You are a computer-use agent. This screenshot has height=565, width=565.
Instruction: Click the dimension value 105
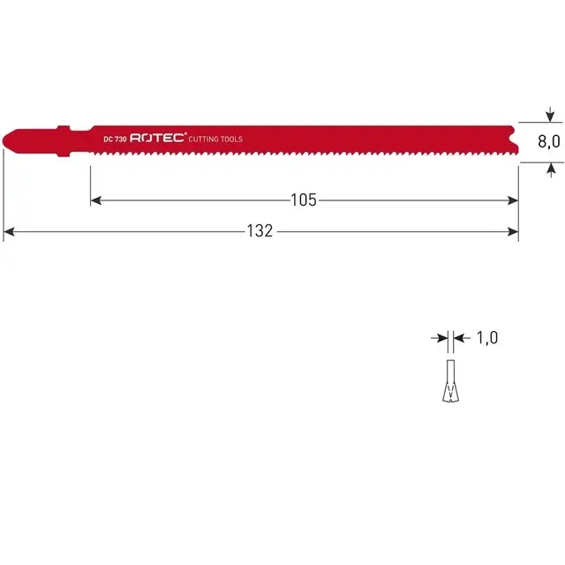click(303, 200)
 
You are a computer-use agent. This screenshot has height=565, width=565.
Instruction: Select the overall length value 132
click(260, 231)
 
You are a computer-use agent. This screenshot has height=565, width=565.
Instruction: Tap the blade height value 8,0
click(549, 143)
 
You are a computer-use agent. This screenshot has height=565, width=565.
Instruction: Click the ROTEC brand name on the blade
click(159, 139)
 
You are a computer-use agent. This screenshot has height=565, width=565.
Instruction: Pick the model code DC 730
click(115, 139)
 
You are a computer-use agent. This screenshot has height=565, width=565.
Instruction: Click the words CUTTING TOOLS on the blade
click(216, 139)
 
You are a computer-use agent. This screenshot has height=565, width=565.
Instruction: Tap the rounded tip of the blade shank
click(8, 139)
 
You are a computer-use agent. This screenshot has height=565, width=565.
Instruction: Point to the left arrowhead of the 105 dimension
click(96, 200)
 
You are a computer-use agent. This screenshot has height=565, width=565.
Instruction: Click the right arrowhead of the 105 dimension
click(513, 200)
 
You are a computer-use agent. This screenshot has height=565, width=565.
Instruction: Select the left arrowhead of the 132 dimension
click(9, 232)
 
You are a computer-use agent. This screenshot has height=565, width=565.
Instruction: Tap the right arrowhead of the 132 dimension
click(513, 232)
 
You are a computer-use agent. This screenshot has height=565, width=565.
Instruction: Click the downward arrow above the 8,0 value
click(550, 116)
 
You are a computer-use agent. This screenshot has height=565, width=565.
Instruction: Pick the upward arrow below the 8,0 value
click(550, 169)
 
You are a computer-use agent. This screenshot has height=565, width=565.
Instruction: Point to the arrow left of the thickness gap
click(440, 337)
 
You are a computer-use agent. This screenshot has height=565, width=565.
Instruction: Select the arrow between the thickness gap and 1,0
click(459, 337)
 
